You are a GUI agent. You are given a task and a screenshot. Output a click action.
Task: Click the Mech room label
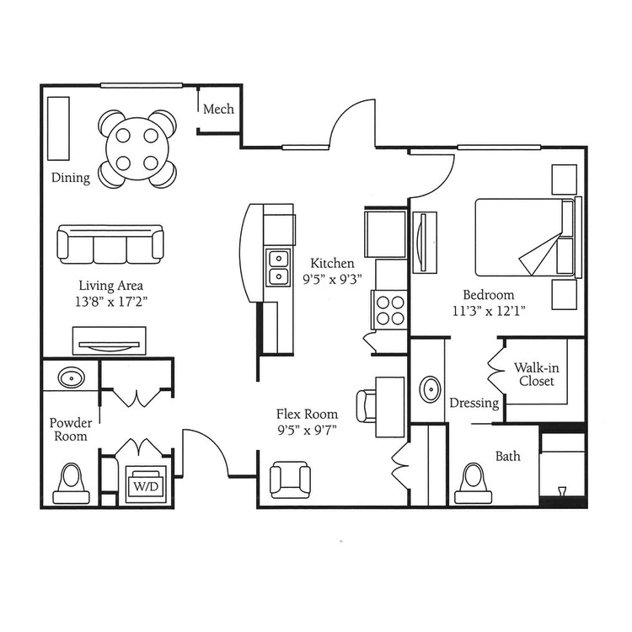pos(218,109)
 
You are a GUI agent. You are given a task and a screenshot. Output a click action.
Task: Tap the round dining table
pos(137,149)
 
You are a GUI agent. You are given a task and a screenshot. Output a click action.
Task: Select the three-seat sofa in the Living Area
pos(110,244)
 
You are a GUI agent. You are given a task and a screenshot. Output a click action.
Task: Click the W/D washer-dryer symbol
pos(146,485)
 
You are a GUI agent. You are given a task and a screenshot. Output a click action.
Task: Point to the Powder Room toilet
pos(72,484)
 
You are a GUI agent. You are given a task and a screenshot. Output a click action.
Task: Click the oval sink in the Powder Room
pos(72,378)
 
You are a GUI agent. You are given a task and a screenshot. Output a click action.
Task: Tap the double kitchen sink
pos(278,268)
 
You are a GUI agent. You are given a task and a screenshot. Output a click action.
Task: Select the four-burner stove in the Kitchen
pos(390,310)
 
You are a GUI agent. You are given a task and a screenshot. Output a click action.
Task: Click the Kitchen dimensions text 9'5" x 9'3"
pos(333,279)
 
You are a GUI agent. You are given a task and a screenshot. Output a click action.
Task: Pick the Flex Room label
pos(307,414)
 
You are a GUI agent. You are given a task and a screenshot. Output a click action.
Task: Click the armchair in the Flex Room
pos(290,479)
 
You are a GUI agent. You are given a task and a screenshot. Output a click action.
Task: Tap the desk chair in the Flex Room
pos(367,406)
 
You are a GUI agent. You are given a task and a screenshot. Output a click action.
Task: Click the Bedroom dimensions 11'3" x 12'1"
pos(489,311)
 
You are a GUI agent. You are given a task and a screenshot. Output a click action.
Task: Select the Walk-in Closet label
pos(537,374)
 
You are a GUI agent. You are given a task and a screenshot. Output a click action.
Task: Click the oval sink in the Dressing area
pos(431,389)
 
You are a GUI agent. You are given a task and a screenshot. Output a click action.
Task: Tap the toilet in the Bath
pos(474,484)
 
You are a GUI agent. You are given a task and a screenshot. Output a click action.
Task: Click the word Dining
pos(71,178)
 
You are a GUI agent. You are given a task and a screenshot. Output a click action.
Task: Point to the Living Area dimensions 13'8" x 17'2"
pos(111,302)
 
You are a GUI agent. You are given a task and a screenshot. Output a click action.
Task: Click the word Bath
pos(508,456)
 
